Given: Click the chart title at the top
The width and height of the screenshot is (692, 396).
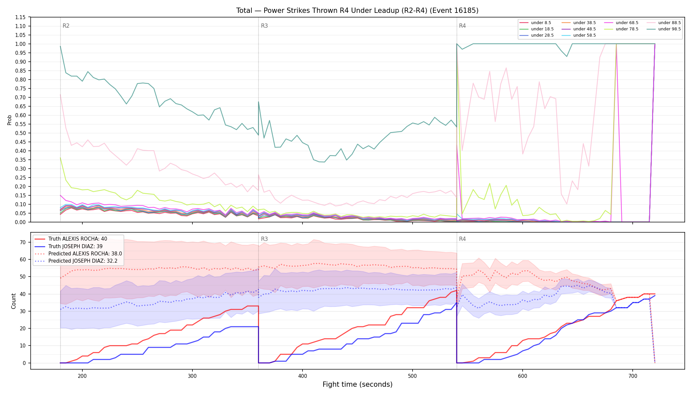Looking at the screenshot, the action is [357, 11].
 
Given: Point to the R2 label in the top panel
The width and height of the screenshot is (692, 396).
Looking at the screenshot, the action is [66, 26].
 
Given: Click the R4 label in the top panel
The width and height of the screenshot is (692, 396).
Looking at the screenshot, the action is [462, 26].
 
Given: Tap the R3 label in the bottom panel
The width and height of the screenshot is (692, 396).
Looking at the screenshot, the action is [264, 239].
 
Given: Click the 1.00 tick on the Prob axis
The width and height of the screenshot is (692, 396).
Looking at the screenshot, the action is [20, 44].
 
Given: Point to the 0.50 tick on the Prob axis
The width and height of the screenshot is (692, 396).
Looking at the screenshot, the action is [20, 133].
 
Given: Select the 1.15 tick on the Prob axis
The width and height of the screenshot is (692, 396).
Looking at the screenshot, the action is [20, 17].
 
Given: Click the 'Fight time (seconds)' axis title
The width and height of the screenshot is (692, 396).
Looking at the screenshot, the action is [358, 384].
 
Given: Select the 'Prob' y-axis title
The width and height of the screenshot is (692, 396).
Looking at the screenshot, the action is [10, 120].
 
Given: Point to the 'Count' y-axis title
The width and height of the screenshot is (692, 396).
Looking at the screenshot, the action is [14, 301].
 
